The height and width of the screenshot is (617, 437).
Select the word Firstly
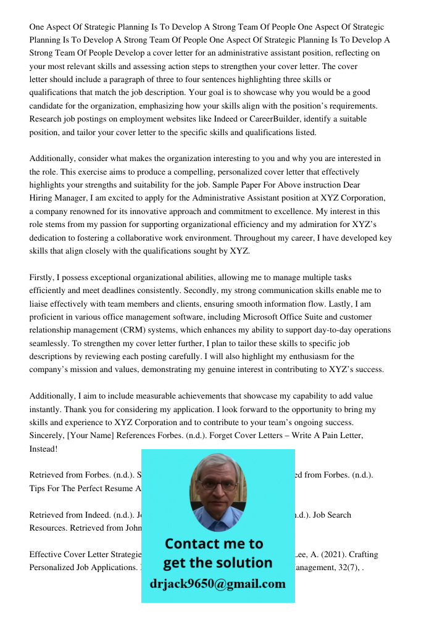pyautogui.click(x=43, y=278)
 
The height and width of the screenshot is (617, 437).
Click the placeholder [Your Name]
pyautogui.click(x=92, y=436)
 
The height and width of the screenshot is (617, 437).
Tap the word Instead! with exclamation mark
pyautogui.click(x=43, y=449)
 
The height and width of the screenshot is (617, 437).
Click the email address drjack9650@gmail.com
pyautogui.click(x=217, y=584)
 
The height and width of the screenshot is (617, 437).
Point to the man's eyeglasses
pyautogui.click(x=217, y=485)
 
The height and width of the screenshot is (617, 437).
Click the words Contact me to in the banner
pyautogui.click(x=214, y=544)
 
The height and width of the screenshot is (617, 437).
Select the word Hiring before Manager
pyautogui.click(x=43, y=198)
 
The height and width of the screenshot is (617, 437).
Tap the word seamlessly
pyautogui.click(x=50, y=343)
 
